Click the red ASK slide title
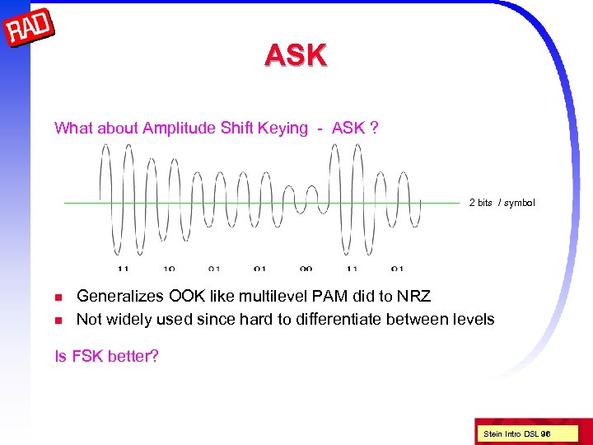point(296,55)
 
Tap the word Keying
point(282,128)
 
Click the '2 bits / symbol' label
point(502,203)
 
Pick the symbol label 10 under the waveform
point(169,269)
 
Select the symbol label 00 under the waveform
point(306,269)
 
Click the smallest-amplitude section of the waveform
point(306,202)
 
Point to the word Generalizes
point(115,296)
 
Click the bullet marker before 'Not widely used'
point(58,319)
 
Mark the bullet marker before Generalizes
point(58,297)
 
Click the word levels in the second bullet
point(473,318)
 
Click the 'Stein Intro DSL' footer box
point(517,433)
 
